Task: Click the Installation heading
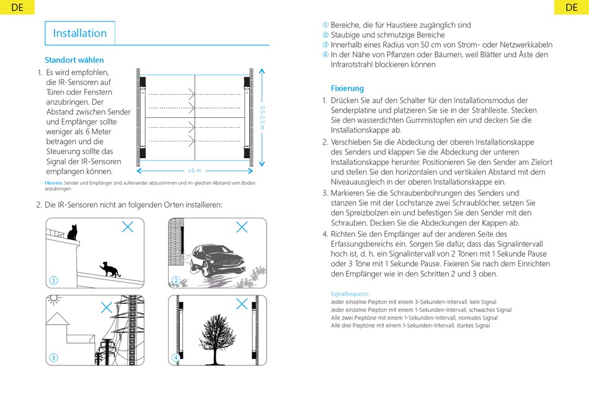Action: click(80, 33)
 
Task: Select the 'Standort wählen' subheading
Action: click(74, 60)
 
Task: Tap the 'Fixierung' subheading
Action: click(347, 88)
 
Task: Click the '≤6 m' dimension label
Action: click(195, 170)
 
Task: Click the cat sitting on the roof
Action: click(72, 233)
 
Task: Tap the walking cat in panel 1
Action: click(108, 269)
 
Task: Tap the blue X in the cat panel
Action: click(127, 226)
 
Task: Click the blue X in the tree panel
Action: click(242, 304)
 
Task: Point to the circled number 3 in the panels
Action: click(54, 357)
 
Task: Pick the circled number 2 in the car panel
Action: click(176, 280)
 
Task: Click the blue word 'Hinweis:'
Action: click(54, 182)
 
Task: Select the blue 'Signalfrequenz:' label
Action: click(350, 293)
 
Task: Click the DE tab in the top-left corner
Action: click(17, 7)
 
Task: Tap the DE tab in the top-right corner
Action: click(571, 7)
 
